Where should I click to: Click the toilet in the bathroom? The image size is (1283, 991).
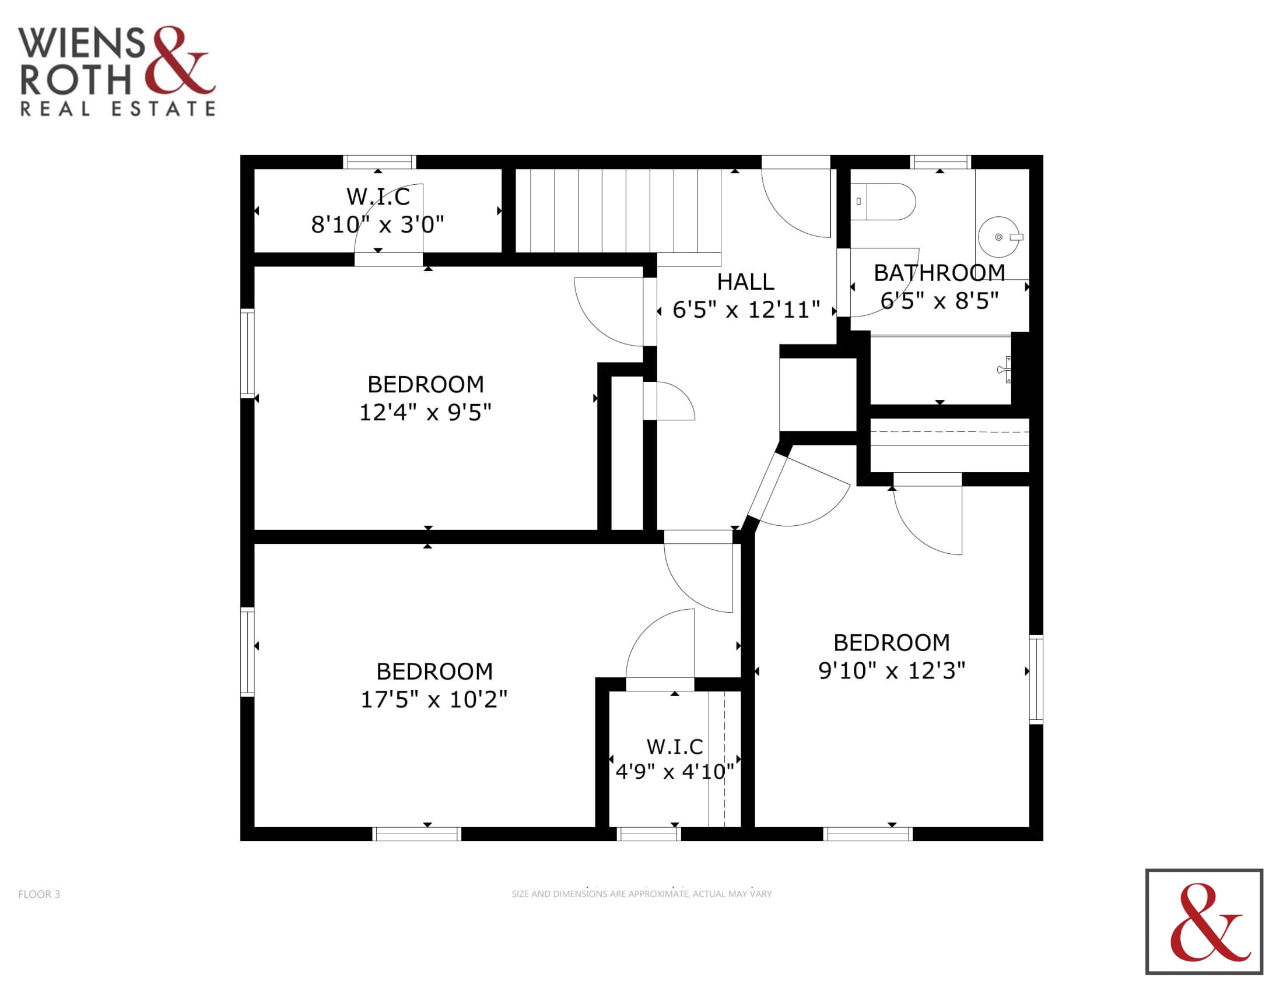pos(883,201)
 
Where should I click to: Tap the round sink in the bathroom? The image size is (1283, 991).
pos(998,237)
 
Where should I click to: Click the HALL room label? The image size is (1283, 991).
pos(745,282)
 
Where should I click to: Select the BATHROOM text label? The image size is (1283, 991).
pos(940,273)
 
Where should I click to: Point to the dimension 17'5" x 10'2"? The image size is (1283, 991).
pos(433,699)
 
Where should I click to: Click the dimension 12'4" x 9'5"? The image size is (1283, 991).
pos(425,412)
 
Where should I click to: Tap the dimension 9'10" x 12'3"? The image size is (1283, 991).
pos(892,670)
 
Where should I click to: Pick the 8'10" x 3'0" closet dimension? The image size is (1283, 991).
pos(378,224)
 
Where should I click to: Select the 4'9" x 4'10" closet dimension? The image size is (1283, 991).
pos(674,771)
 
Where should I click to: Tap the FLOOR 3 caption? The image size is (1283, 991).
pos(38,894)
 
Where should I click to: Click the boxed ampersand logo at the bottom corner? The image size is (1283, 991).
pos(1204,921)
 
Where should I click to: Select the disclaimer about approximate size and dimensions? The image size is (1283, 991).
pos(641,894)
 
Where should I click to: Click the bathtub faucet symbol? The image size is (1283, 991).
pos(1004,369)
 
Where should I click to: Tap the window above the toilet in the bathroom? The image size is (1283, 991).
pos(940,162)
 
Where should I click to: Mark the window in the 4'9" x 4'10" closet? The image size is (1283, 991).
pos(648,834)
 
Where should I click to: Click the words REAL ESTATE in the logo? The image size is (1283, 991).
pos(118,108)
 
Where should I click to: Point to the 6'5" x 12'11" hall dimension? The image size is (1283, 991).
pos(746,310)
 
